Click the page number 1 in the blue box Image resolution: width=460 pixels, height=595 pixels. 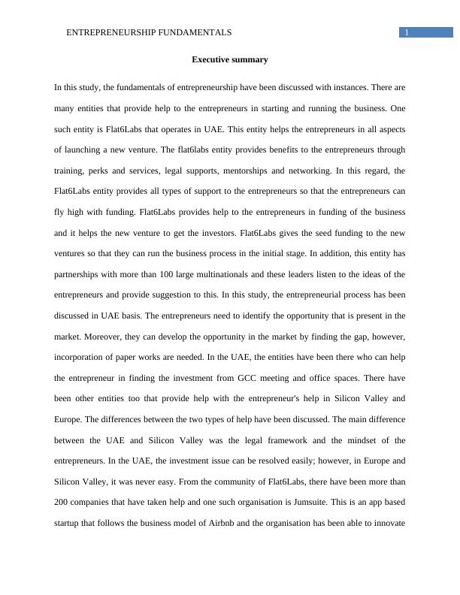(x=407, y=32)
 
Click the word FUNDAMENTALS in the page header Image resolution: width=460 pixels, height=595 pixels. (x=194, y=32)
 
